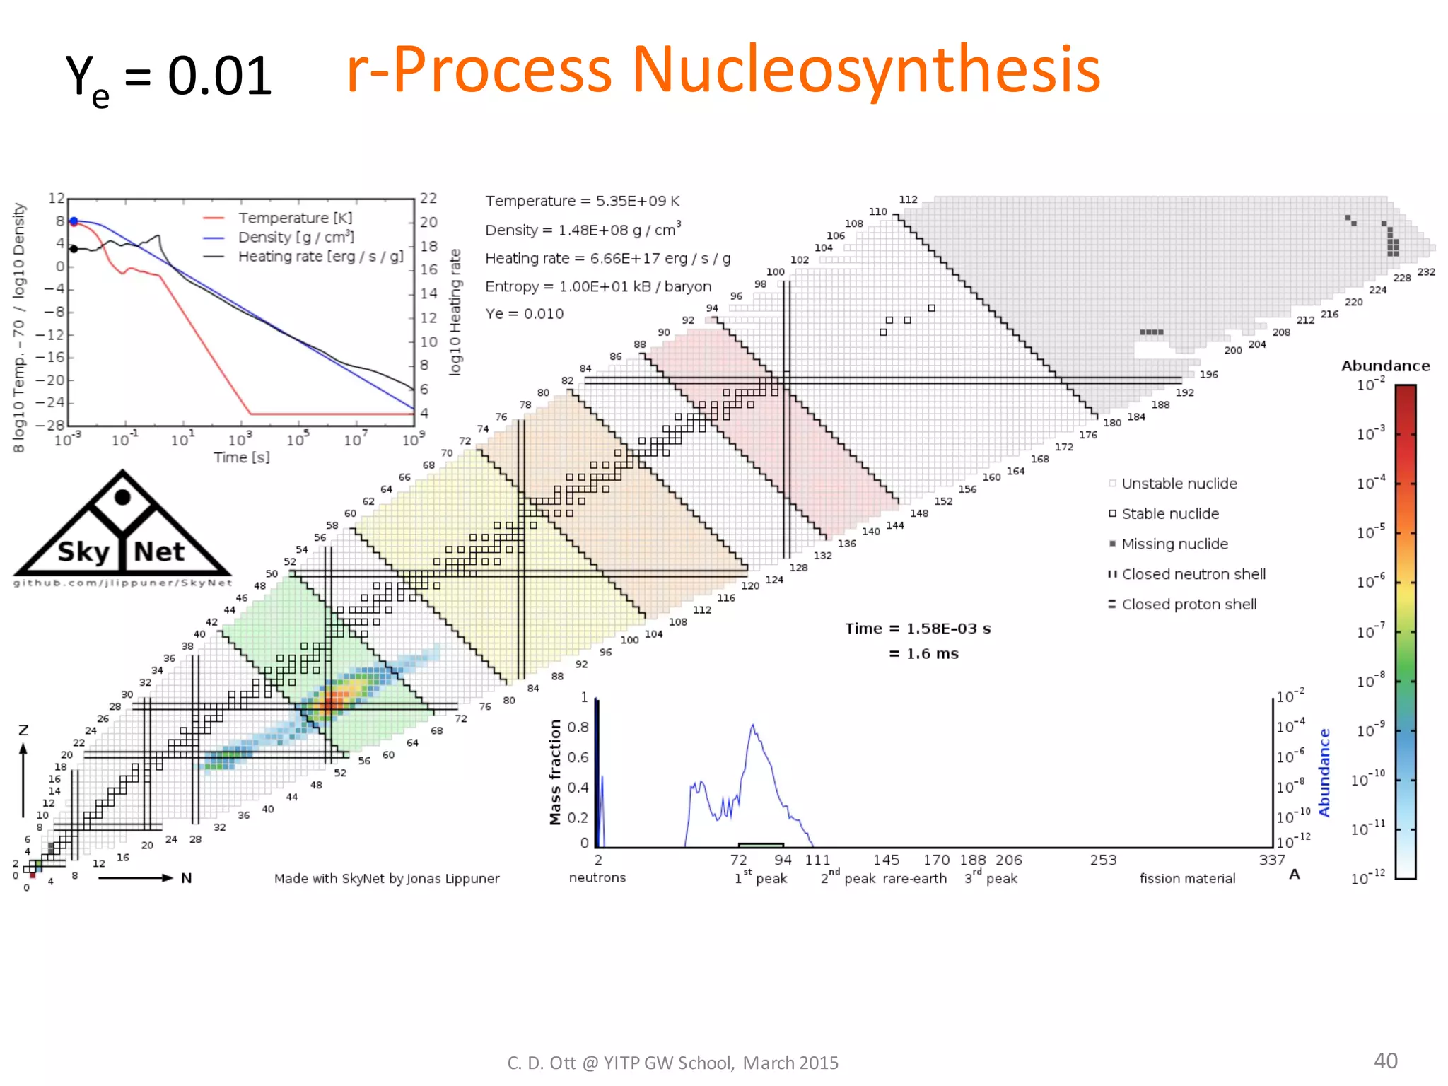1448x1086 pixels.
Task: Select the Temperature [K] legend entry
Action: point(295,218)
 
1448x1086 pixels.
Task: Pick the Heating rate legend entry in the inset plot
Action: point(320,257)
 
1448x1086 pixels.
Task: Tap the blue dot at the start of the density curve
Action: point(74,221)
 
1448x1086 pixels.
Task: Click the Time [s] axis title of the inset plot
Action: point(241,457)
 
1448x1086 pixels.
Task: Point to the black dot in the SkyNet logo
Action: point(122,497)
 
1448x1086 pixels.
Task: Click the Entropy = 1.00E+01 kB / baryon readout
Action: point(597,286)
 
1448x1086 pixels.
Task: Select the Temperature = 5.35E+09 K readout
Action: point(582,201)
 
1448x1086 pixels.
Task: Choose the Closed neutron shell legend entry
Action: point(1193,574)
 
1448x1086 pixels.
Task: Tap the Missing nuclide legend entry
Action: point(1174,544)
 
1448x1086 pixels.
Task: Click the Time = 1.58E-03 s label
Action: point(917,629)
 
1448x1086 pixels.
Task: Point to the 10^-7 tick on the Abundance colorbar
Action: point(1370,631)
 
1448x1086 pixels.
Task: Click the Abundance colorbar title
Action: point(1384,366)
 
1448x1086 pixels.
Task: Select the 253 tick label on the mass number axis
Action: point(1103,860)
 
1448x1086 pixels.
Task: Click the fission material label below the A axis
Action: point(1187,878)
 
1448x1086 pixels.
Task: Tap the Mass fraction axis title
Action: point(555,772)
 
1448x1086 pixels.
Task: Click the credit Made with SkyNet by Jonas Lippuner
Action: point(387,878)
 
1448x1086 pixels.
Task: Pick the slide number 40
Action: point(1385,1061)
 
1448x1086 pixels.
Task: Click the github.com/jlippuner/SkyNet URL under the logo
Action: point(122,583)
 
